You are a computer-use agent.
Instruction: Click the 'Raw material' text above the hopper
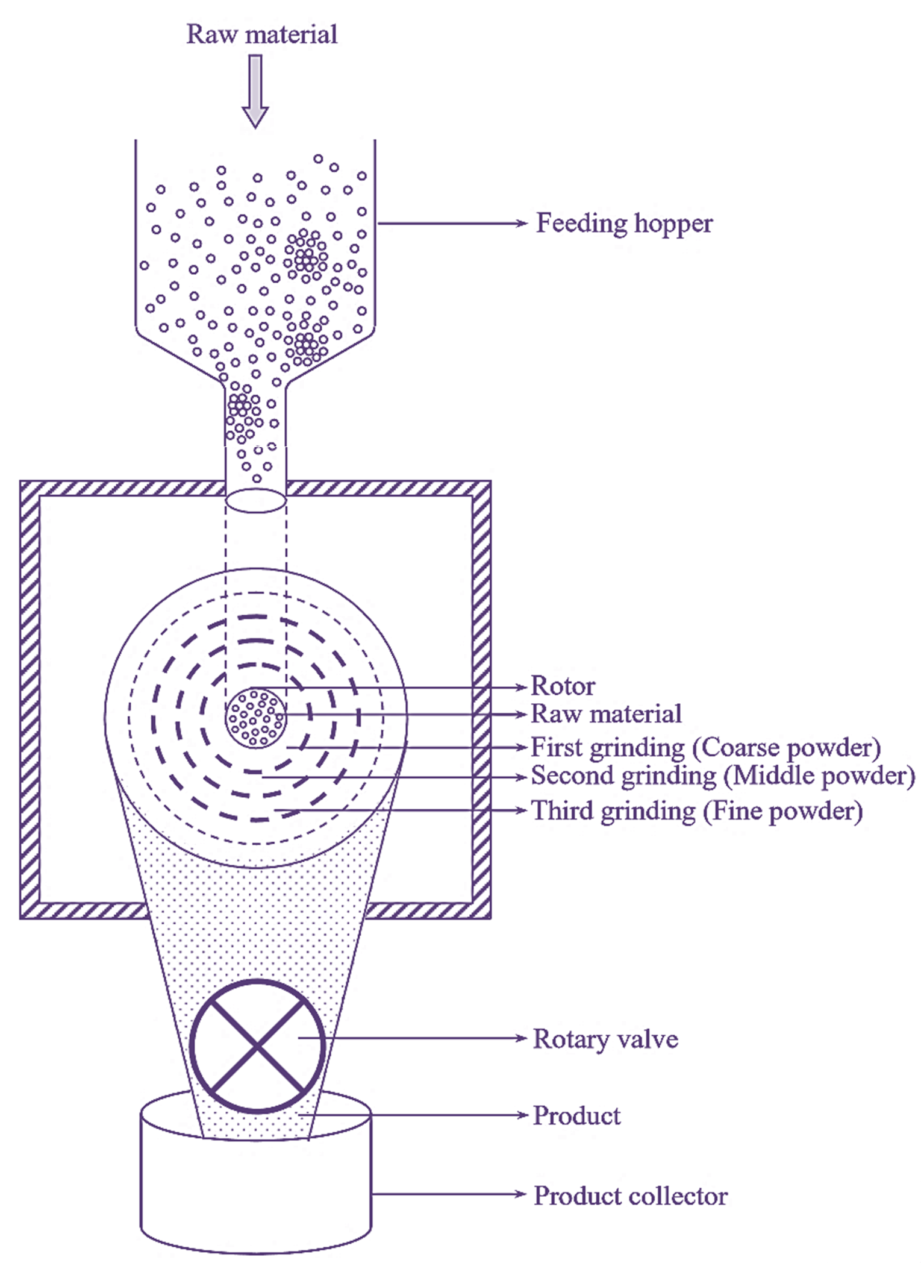[x=261, y=35]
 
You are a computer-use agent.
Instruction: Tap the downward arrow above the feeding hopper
[x=255, y=90]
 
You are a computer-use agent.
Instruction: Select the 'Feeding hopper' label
[x=624, y=224]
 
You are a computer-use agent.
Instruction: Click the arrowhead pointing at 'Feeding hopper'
[x=521, y=224]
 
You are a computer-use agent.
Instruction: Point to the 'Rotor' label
[x=563, y=686]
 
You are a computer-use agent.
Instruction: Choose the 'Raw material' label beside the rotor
[x=605, y=714]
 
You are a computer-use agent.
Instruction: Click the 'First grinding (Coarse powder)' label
[x=705, y=748]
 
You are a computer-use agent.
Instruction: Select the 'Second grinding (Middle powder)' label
[x=722, y=776]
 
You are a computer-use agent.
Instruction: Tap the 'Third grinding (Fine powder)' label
[x=696, y=811]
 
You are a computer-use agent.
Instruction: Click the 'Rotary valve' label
[x=605, y=1039]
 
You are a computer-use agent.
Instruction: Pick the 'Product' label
[x=576, y=1115]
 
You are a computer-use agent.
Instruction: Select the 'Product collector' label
[x=630, y=1196]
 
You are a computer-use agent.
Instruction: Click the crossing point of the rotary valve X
[x=258, y=1045]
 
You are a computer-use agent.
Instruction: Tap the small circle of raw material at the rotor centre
[x=255, y=718]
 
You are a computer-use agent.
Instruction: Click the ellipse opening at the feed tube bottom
[x=255, y=501]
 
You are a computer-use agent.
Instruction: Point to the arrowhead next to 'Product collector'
[x=521, y=1194]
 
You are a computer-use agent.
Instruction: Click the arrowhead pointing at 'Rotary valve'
[x=521, y=1038]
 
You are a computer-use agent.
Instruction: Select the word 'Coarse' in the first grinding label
[x=738, y=748]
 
